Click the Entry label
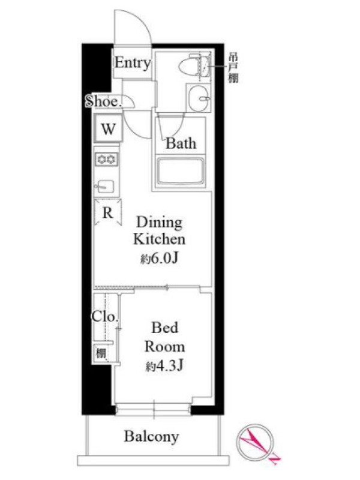point(133,63)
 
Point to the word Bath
point(181,143)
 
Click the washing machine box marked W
point(109,128)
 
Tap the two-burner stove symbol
point(106,159)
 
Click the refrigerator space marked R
point(108,212)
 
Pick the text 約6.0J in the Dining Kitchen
point(160,259)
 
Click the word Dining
point(159,222)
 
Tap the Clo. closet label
point(104,317)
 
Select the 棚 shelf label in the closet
point(101,353)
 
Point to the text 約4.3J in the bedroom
point(164,365)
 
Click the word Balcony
point(151,437)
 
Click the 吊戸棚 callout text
point(233,68)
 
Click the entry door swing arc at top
point(144,18)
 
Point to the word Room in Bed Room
point(164,347)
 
